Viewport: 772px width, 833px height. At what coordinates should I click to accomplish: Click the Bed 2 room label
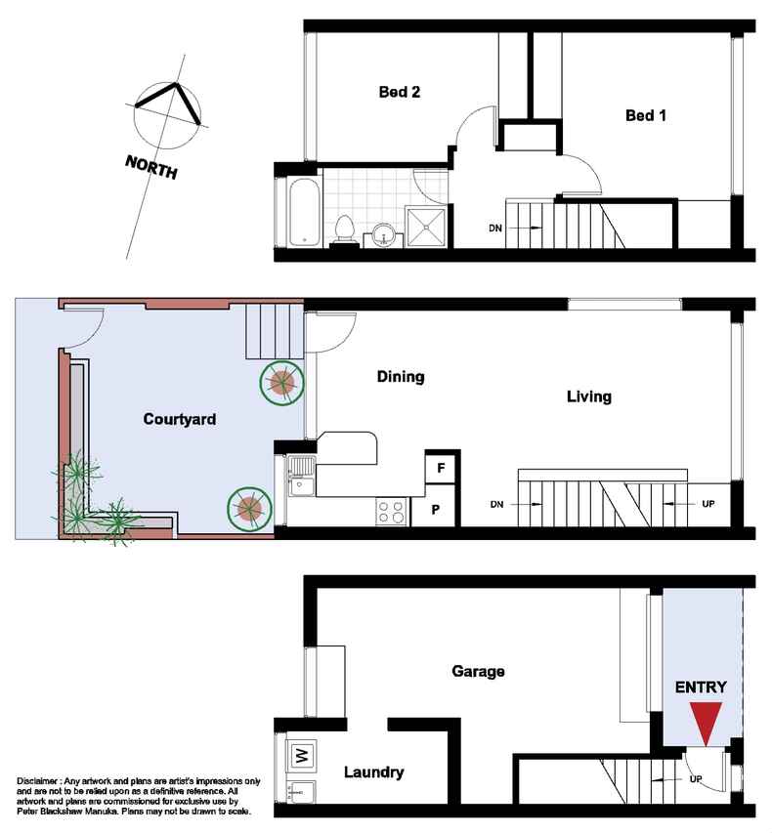[400, 92]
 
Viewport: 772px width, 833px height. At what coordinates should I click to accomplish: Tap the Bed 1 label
[646, 115]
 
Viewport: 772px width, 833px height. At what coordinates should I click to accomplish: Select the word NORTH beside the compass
[151, 167]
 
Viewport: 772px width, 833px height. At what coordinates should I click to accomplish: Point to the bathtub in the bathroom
[304, 212]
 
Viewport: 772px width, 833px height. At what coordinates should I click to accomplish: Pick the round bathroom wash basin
[383, 234]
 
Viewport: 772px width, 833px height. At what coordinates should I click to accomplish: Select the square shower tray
[425, 227]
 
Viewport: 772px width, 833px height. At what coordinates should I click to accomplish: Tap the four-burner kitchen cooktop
[391, 512]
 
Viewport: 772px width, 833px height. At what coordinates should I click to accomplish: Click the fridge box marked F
[441, 468]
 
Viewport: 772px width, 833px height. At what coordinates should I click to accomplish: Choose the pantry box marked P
[435, 510]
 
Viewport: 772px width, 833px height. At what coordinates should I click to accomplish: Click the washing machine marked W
[301, 756]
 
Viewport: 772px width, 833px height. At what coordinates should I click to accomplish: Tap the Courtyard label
[180, 419]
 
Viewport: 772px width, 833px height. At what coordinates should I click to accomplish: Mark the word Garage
[478, 672]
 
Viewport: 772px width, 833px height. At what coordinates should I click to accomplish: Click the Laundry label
[373, 771]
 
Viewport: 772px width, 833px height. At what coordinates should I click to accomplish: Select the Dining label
[401, 377]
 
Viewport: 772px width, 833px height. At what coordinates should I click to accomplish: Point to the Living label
[588, 396]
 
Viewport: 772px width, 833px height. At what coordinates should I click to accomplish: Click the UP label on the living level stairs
[708, 504]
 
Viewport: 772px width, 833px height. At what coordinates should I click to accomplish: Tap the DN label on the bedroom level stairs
[495, 228]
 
